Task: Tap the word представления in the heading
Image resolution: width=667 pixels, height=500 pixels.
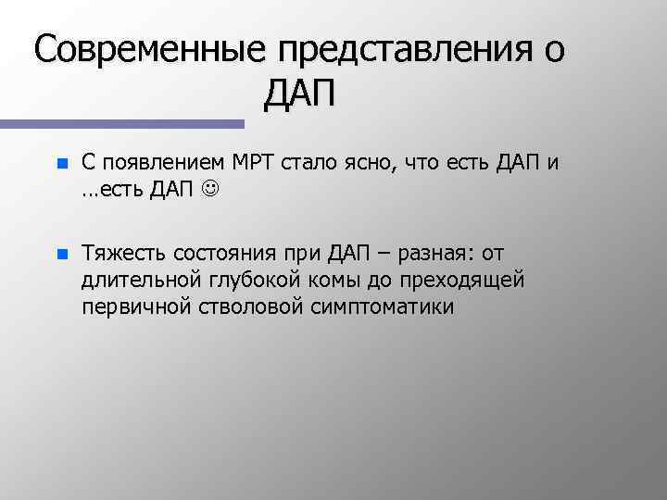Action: pyautogui.click(x=389, y=50)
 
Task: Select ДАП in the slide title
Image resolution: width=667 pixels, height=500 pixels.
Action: pyautogui.click(x=303, y=94)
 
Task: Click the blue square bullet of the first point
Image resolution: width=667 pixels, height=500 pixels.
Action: pyautogui.click(x=61, y=165)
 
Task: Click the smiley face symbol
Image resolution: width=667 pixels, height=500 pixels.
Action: pyautogui.click(x=211, y=190)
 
